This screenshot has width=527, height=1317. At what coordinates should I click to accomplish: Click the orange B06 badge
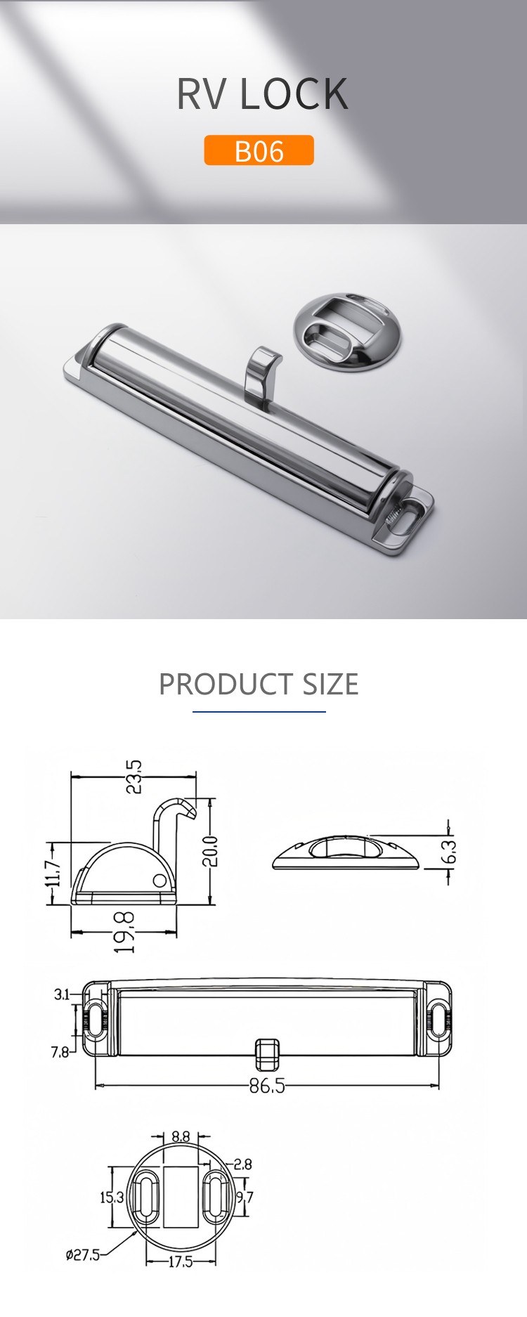click(x=259, y=150)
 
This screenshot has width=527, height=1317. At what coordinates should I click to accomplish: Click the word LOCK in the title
click(x=294, y=94)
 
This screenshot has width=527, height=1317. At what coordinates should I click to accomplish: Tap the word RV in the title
click(x=201, y=94)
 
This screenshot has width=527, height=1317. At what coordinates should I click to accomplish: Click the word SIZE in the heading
click(x=331, y=685)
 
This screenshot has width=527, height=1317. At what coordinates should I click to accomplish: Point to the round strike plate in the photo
click(x=347, y=332)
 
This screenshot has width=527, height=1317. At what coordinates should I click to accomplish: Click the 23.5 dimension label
click(x=134, y=777)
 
